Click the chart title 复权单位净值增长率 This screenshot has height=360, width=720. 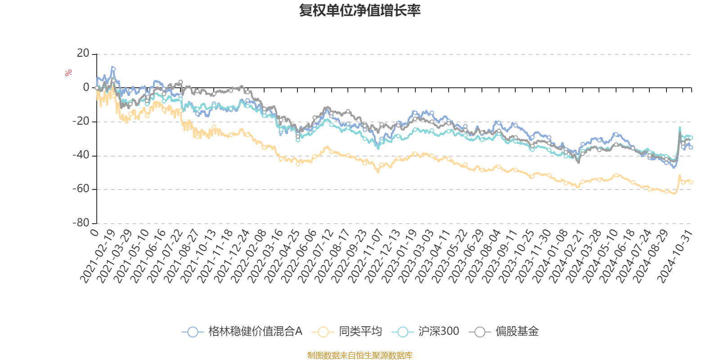point(360,10)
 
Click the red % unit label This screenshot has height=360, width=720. point(68,73)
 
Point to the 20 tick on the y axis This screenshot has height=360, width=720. point(83,54)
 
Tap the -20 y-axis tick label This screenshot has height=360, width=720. point(81,121)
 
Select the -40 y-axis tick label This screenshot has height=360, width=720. point(81,155)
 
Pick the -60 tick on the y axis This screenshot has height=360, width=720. point(81,189)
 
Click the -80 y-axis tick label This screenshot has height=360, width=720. point(81,223)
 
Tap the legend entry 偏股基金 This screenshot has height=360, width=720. point(504,332)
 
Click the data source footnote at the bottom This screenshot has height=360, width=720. point(360,355)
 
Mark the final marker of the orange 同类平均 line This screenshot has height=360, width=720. point(691,182)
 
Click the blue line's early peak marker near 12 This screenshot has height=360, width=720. point(113,68)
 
